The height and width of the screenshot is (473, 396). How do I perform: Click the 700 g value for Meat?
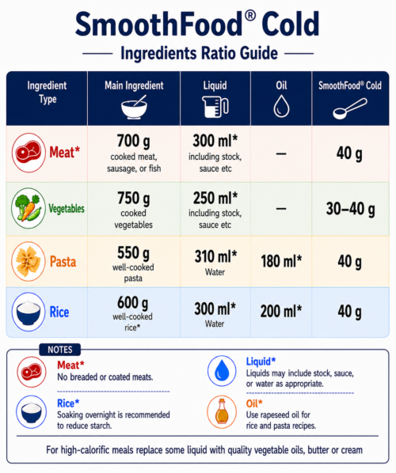coord(134,141)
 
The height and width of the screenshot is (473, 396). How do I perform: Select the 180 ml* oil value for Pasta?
coord(281,261)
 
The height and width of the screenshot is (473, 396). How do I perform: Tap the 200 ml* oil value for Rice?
coord(281,311)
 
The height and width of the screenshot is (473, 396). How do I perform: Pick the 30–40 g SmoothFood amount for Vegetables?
coord(350,209)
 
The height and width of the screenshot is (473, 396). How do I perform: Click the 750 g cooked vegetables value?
coord(134,199)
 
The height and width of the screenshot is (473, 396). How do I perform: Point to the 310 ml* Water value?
coord(215,256)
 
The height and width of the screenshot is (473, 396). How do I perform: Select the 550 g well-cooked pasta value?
coord(133,253)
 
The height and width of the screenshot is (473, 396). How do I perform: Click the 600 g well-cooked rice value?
coord(133,303)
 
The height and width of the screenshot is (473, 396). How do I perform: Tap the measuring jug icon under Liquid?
coord(215,107)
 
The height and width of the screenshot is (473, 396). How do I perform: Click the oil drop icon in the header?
coord(281,106)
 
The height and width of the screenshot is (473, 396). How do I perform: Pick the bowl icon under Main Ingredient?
coord(134,107)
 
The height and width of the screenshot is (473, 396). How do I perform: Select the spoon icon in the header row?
coord(350,108)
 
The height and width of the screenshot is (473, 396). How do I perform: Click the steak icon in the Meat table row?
coord(29,153)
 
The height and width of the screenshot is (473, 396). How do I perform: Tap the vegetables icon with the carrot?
coord(29,208)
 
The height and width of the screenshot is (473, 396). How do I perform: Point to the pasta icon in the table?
coord(29,261)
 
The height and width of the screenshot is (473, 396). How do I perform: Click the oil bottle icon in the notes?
coord(222,412)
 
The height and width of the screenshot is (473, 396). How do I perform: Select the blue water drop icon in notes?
coord(222,371)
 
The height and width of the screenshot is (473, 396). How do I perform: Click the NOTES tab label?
coord(60,350)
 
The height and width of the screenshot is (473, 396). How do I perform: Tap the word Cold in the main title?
coord(291,25)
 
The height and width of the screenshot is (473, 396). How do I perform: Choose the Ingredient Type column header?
coord(47,93)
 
